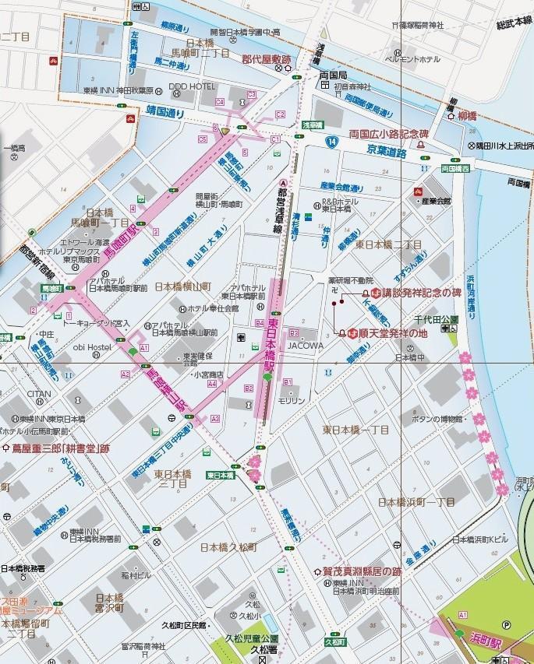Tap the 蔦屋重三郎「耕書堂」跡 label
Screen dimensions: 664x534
tap(59, 448)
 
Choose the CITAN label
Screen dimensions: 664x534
tap(38, 394)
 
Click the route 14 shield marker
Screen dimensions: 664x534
tap(332, 142)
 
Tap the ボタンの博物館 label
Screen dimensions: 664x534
tap(448, 419)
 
